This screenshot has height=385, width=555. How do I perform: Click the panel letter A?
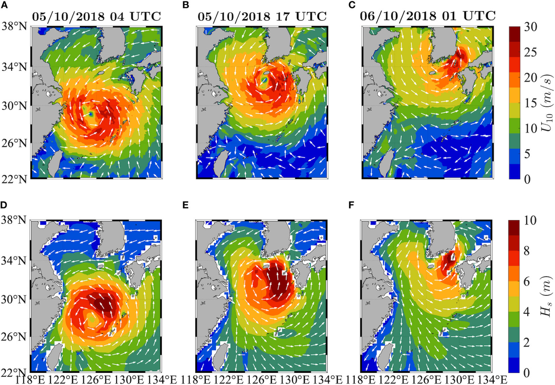[4, 5]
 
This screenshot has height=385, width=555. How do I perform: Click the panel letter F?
[364, 202]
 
